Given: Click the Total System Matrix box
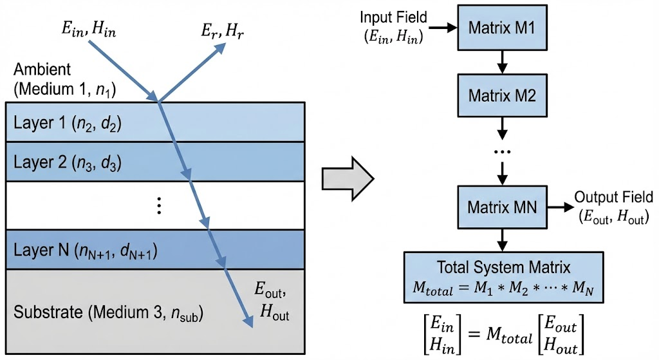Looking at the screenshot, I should pyautogui.click(x=503, y=277).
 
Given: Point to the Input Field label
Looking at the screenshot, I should pyautogui.click(x=393, y=27).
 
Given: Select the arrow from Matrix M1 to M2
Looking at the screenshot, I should pyautogui.click(x=503, y=61).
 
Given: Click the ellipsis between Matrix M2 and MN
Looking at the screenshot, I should pyautogui.click(x=503, y=153).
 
